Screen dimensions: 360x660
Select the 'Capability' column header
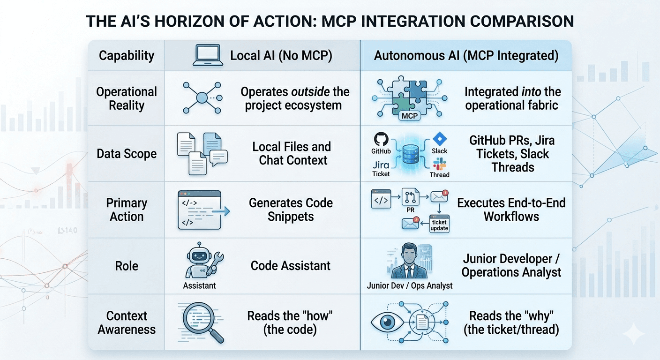point(127,56)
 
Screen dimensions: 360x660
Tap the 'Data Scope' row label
point(127,154)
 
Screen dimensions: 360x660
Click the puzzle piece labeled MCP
point(409,115)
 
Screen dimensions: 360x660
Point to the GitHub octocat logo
point(381,139)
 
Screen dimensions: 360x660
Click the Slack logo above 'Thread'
point(440,164)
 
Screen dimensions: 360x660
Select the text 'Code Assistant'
point(291,266)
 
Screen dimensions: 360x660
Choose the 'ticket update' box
point(439,225)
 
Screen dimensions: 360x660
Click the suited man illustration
point(406,262)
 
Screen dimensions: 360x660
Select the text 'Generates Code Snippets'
point(291,210)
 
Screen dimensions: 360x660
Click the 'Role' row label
point(127,266)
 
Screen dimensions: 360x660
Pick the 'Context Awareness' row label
point(127,322)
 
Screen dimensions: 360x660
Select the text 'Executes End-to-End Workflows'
point(511,210)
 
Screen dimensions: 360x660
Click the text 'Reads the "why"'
point(511,315)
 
